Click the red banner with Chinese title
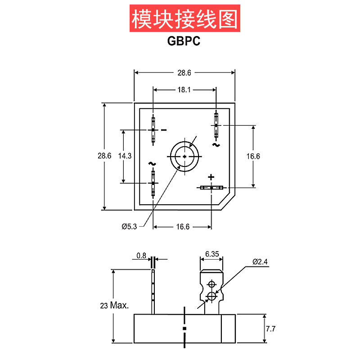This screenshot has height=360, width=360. click(185, 18)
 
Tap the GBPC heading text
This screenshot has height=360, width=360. click(184, 41)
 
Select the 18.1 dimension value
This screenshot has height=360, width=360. click(184, 90)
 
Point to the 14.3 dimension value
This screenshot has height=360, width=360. click(125, 156)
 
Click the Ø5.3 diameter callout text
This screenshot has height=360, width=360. click(129, 227)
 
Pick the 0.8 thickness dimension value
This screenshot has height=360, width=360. click(141, 256)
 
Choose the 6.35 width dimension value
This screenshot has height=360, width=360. click(212, 254)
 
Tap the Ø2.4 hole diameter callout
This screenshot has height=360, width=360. click(260, 262)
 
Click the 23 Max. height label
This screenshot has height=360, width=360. click(114, 306)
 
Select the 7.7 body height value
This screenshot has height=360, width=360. click(271, 329)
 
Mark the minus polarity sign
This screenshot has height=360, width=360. click(164, 130)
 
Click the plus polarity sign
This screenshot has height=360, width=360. click(211, 177)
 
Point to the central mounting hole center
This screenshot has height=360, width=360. click(185, 157)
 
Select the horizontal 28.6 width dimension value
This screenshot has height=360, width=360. click(184, 73)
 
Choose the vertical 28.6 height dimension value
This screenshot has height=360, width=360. click(104, 156)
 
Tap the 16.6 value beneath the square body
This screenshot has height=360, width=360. click(183, 227)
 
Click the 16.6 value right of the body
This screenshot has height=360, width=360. click(253, 156)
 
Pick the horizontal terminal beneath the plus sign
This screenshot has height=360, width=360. click(211, 188)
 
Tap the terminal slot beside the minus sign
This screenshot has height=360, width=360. click(153, 130)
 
